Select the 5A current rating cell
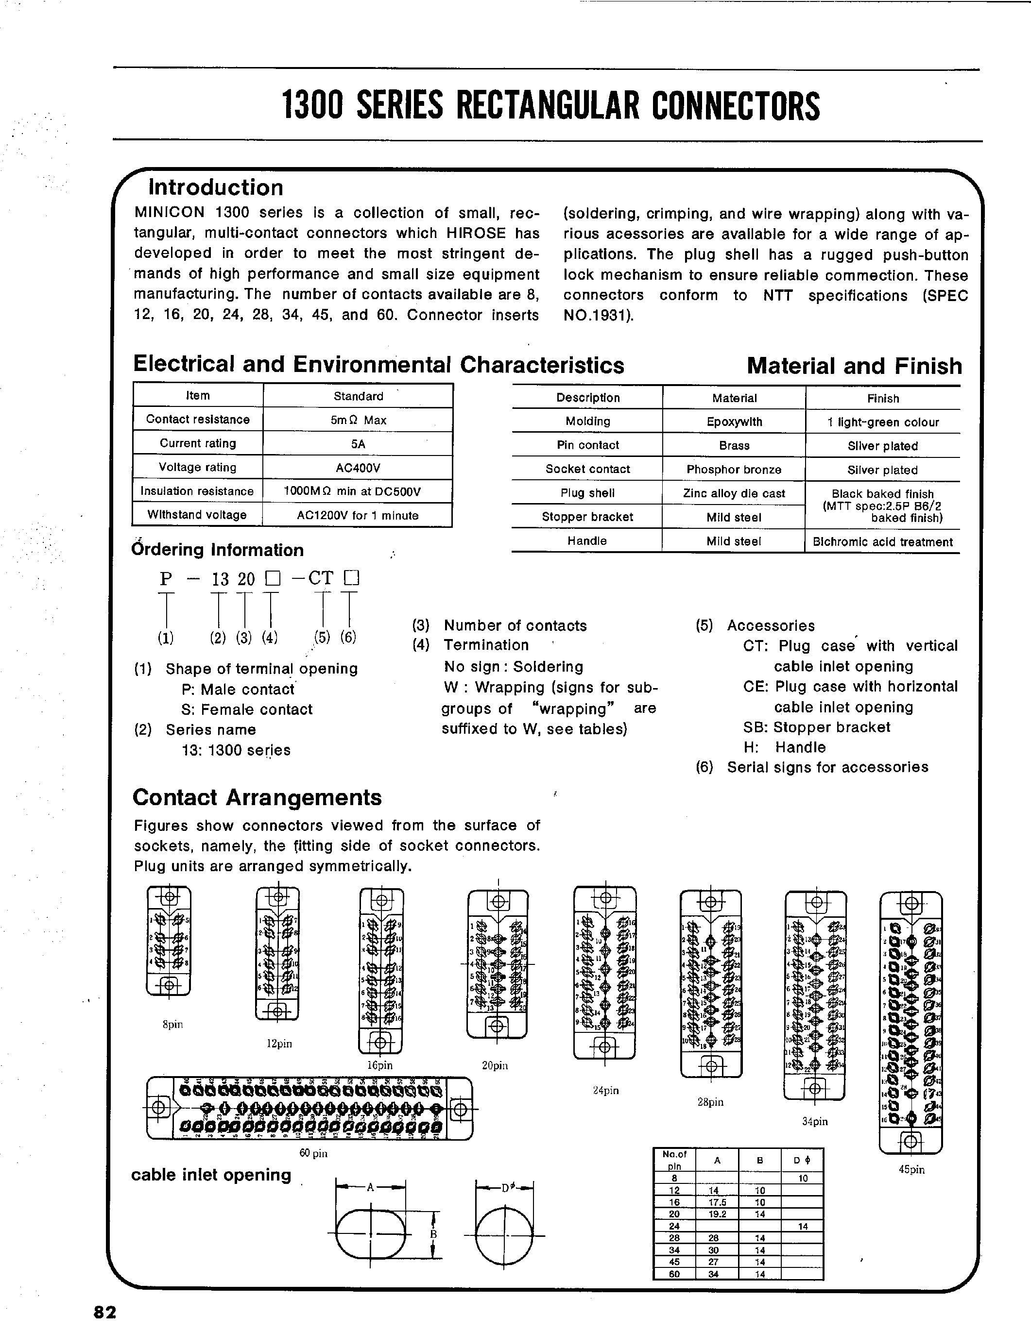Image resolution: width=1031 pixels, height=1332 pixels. pyautogui.click(x=358, y=443)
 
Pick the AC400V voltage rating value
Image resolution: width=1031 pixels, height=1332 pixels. pyautogui.click(x=358, y=467)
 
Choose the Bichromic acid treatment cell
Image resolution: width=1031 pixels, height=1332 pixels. pyautogui.click(x=882, y=541)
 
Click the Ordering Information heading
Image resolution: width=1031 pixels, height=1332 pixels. pyautogui.click(x=217, y=550)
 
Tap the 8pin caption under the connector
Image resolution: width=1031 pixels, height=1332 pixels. pyautogui.click(x=172, y=1024)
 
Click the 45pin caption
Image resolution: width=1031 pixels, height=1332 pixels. pyautogui.click(x=911, y=1169)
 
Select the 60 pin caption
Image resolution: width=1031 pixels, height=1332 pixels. pyautogui.click(x=313, y=1153)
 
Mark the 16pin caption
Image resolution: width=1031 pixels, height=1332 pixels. pyautogui.click(x=379, y=1065)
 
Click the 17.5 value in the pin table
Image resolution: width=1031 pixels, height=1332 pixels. pyautogui.click(x=718, y=1202)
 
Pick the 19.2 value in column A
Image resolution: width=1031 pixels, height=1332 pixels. pyautogui.click(x=718, y=1214)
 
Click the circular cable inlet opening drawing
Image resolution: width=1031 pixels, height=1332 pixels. pyautogui.click(x=504, y=1234)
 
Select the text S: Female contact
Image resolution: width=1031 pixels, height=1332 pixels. pyautogui.click(x=246, y=709)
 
